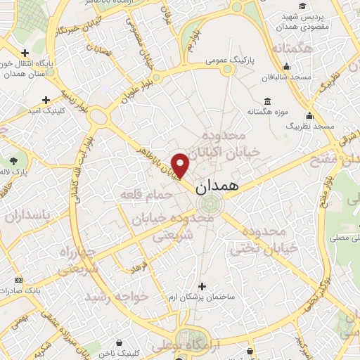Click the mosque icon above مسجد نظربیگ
309,115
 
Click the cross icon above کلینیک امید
46,101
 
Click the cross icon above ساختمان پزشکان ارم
203,286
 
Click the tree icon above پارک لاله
13,161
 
